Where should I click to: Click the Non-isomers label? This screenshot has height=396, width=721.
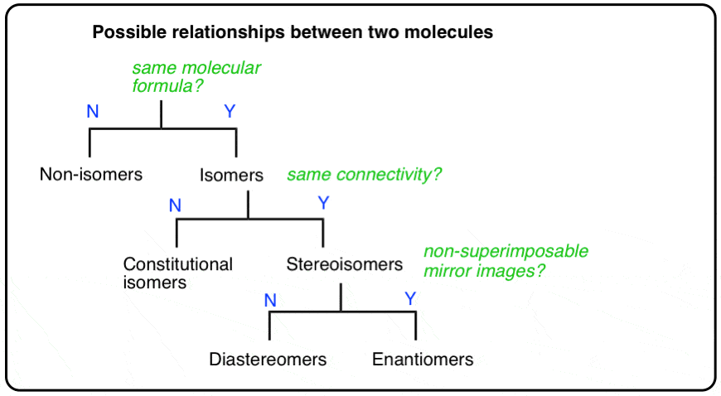pos(91,175)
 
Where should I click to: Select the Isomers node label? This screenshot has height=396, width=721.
pos(231,175)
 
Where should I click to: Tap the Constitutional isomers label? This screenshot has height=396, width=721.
pos(177,273)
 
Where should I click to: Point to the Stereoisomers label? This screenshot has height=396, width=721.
pos(345,264)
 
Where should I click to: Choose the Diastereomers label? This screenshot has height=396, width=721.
pos(268,360)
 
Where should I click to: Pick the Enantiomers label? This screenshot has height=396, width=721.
pos(423,360)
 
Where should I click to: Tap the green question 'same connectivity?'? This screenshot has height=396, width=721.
pos(365,175)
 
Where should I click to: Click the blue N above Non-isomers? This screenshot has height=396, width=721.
pos(93,112)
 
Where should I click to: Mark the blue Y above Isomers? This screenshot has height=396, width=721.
pos(230,112)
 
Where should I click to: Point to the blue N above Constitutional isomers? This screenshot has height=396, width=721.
pos(175,205)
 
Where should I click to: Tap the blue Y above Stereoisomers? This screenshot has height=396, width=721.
pos(323,203)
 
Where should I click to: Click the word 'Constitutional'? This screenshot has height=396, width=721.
pos(177,264)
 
